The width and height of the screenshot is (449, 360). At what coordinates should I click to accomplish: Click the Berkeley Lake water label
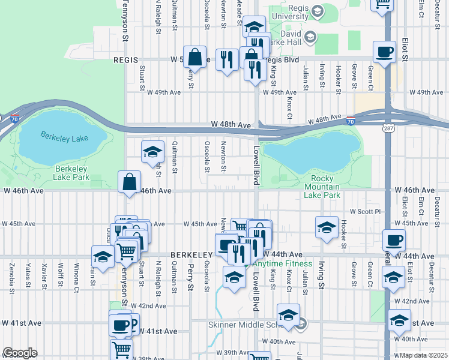(x=64, y=136)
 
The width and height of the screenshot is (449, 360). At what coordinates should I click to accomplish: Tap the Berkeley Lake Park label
(x=72, y=173)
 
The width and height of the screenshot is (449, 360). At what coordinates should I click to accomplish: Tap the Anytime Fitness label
(x=282, y=263)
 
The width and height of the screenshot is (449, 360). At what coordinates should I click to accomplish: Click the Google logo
(x=20, y=353)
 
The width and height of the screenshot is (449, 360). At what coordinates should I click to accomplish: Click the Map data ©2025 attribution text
(x=424, y=355)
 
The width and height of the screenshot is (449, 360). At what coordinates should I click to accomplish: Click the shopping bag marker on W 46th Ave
(x=130, y=181)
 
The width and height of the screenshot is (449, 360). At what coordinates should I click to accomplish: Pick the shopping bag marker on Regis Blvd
(x=195, y=58)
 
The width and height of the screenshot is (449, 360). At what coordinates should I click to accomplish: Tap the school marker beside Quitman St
(x=153, y=152)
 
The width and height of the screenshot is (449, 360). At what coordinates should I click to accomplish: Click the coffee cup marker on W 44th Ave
(x=394, y=241)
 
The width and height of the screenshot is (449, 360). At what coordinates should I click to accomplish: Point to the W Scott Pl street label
(x=365, y=211)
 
